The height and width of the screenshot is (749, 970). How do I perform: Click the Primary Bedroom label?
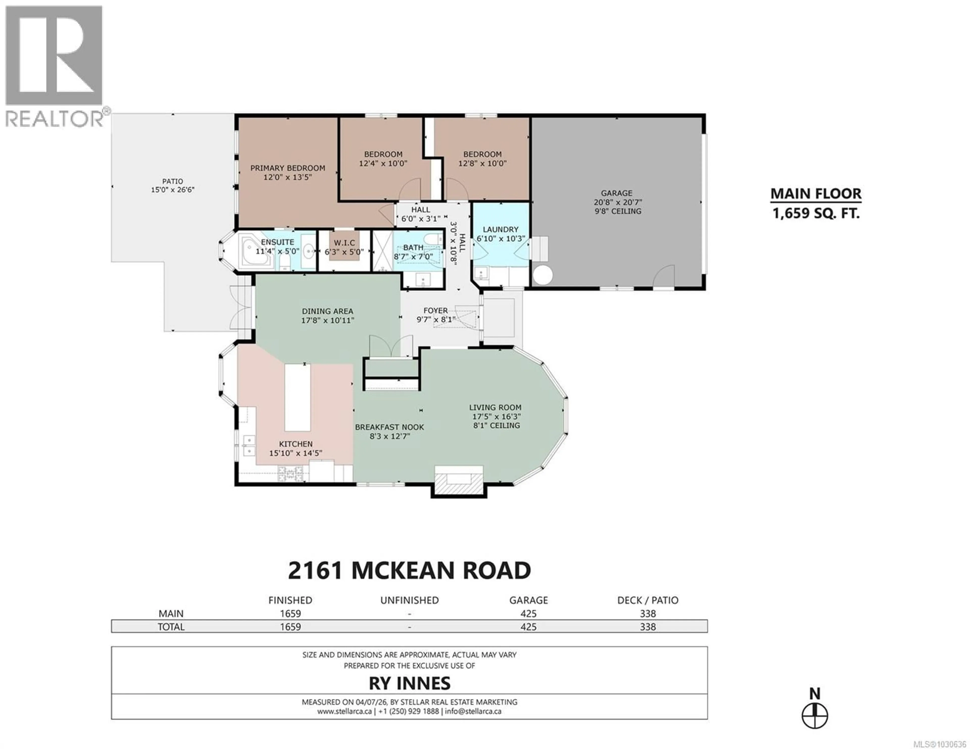[287, 168]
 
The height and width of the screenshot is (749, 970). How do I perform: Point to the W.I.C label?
[344, 242]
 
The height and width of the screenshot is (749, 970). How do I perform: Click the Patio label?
[172, 181]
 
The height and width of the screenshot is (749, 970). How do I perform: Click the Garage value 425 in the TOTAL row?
[528, 627]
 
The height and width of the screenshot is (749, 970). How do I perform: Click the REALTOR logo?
[54, 67]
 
